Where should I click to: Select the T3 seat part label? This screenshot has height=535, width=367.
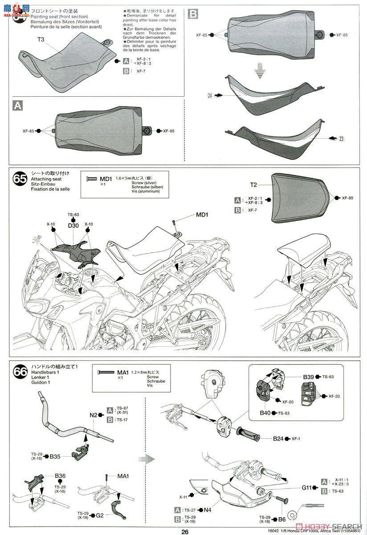(x=41, y=40)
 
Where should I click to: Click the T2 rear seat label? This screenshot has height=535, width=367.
(x=253, y=185)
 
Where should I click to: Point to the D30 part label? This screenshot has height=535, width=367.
(x=73, y=226)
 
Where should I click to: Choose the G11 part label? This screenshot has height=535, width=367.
(x=306, y=487)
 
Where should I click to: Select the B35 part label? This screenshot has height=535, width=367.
(x=55, y=457)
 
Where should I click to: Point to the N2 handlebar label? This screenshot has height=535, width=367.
(x=93, y=415)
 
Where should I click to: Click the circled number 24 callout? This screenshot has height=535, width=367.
(x=210, y=95)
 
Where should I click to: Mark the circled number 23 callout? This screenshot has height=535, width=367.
(x=341, y=139)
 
